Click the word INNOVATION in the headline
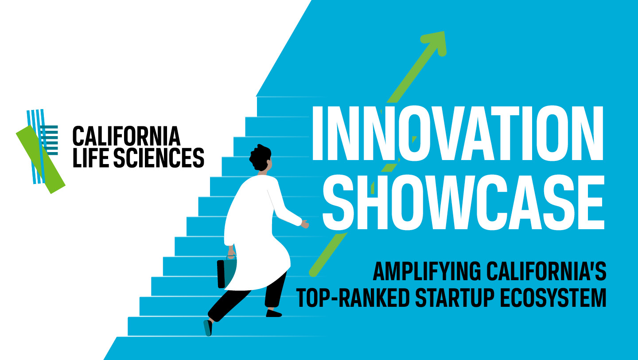tap(457, 133)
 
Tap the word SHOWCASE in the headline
tap(463, 203)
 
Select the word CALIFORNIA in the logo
tap(126, 136)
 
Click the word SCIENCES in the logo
tap(159, 157)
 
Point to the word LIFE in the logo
tap(91, 157)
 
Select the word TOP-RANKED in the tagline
tap(353, 298)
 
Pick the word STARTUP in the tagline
tap(455, 298)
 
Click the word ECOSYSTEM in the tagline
tap(553, 298)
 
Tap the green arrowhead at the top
tap(435, 42)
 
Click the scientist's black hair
tap(260, 158)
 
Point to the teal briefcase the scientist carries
tap(226, 273)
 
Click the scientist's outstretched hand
tap(305, 224)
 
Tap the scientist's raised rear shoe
tap(208, 328)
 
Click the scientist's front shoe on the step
tap(274, 313)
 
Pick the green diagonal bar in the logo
tap(41, 160)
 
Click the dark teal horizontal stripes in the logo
tap(50, 140)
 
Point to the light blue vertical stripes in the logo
tap(36, 146)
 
